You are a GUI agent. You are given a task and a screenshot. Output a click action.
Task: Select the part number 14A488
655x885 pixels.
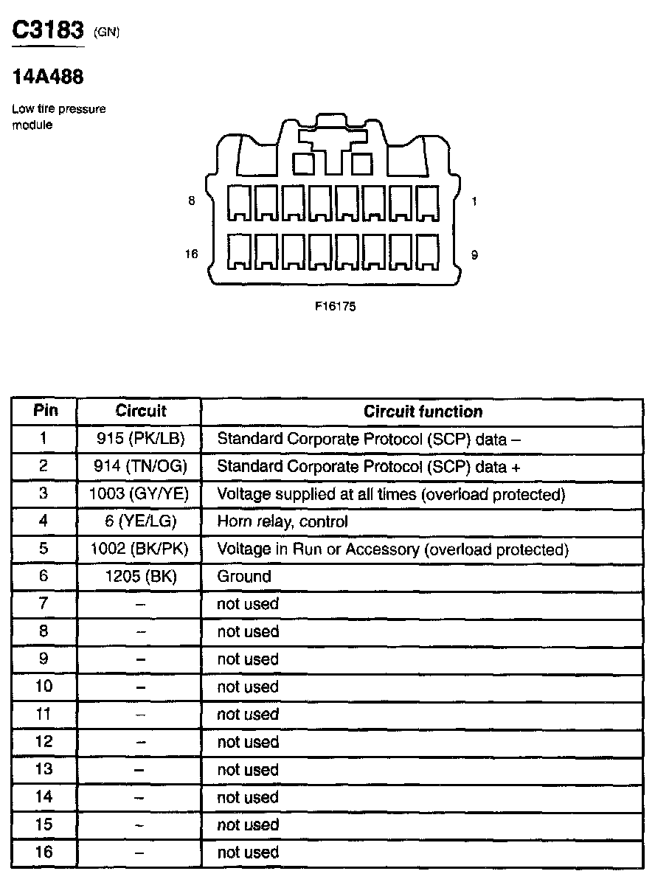(48, 76)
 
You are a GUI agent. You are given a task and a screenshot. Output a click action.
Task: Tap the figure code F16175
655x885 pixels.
(336, 307)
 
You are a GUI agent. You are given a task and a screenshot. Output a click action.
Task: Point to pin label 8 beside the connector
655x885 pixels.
(192, 201)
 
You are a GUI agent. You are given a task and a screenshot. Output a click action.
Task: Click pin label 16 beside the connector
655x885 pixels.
(192, 254)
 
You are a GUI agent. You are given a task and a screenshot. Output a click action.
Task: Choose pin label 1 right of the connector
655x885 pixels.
(474, 201)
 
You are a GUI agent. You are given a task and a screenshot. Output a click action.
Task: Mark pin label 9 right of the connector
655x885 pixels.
(474, 254)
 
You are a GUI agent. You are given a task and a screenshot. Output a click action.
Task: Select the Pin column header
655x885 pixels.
(44, 411)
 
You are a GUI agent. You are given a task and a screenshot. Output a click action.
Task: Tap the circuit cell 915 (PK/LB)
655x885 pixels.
(139, 439)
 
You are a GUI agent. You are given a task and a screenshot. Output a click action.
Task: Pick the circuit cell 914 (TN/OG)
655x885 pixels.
(139, 467)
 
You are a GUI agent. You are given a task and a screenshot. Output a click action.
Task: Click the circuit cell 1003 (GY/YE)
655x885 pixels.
(139, 494)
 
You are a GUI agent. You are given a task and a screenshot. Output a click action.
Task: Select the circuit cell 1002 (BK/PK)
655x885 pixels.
(139, 549)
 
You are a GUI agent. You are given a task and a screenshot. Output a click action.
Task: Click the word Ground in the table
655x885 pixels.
(244, 577)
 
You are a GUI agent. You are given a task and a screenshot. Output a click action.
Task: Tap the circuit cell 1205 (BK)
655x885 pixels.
(139, 577)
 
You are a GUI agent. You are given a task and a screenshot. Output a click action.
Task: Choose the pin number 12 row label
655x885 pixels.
(44, 742)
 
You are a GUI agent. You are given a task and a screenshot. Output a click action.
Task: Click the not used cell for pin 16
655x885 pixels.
(248, 853)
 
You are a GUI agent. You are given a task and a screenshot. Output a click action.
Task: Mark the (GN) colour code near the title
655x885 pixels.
(107, 32)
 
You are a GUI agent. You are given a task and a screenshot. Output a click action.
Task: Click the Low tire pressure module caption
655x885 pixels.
(58, 117)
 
